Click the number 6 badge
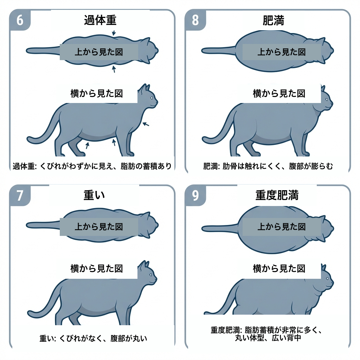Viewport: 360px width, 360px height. click(20, 20)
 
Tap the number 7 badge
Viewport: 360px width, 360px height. click(20, 195)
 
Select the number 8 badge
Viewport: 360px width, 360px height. click(195, 20)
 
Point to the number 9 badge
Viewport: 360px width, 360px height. click(195, 195)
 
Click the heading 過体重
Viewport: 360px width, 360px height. click(100, 20)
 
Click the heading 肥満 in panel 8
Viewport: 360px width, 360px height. click(273, 20)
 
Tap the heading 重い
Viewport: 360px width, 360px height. click(94, 195)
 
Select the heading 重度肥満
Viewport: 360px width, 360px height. click(277, 195)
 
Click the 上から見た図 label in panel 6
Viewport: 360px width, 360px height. click(99, 52)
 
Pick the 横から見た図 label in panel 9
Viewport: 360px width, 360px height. click(279, 269)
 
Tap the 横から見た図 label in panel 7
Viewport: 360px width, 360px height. click(96, 269)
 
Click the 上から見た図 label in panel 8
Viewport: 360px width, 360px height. click(281, 52)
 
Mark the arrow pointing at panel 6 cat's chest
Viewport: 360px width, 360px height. click(146, 124)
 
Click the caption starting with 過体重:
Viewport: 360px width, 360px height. click(92, 166)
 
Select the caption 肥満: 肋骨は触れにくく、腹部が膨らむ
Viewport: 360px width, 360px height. click(268, 166)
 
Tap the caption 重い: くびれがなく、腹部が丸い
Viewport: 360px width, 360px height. click(93, 339)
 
